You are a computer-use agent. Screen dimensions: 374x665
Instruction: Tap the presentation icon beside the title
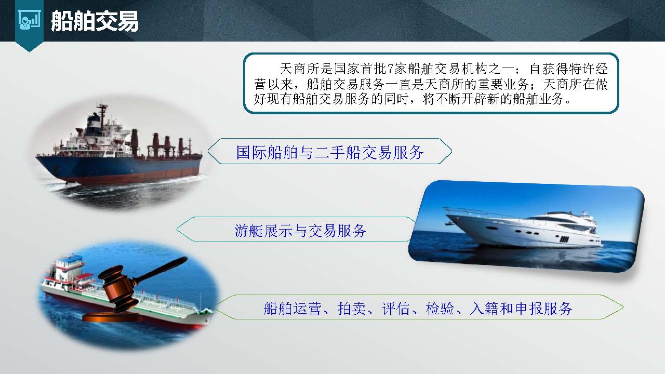[29, 21]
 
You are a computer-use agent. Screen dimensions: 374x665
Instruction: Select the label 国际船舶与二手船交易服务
[330, 152]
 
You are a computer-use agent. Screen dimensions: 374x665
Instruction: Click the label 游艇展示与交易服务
[300, 231]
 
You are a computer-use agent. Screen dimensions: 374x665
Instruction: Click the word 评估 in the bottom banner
[395, 309]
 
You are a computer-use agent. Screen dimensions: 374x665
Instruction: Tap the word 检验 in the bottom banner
[440, 309]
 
